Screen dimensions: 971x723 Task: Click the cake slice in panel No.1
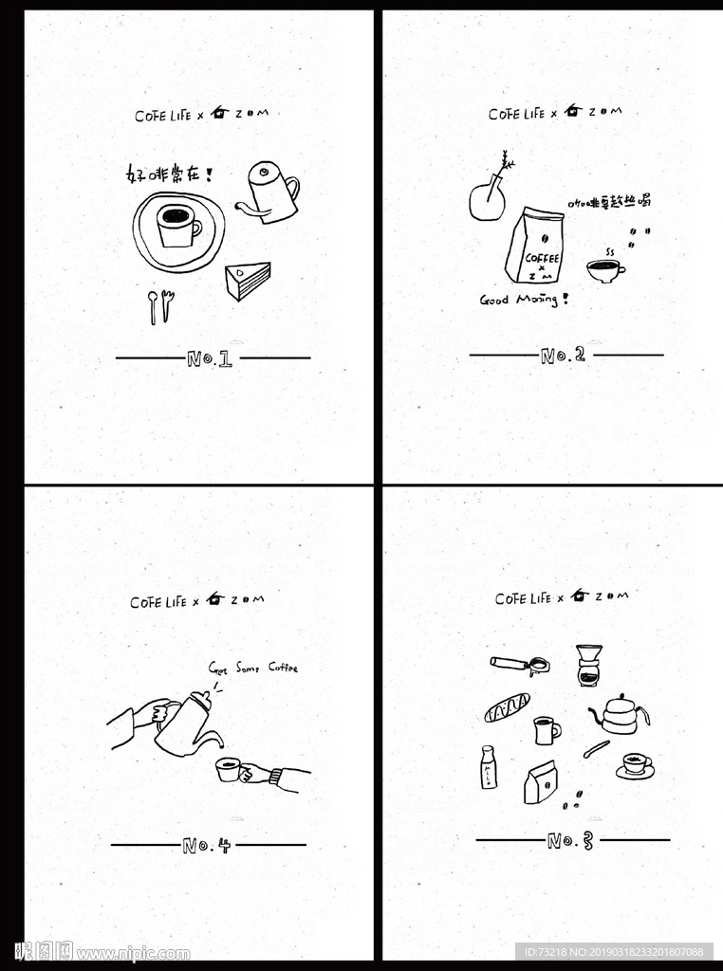[x=249, y=281]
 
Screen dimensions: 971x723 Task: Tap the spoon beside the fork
[x=152, y=307]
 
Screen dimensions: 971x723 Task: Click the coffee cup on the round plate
[x=177, y=227]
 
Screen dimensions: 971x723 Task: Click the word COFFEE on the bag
[x=542, y=258]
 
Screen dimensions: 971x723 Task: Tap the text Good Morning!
[x=524, y=300]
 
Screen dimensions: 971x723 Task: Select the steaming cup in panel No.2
[x=603, y=270]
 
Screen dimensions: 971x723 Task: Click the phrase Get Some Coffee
[x=253, y=668]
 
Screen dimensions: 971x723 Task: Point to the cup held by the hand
[x=228, y=769]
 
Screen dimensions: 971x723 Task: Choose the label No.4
[x=206, y=845]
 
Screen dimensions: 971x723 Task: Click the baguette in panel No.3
[x=507, y=707]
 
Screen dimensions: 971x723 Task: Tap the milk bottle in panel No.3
[x=488, y=768]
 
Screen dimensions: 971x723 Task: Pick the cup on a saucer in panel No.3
[x=635, y=765]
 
